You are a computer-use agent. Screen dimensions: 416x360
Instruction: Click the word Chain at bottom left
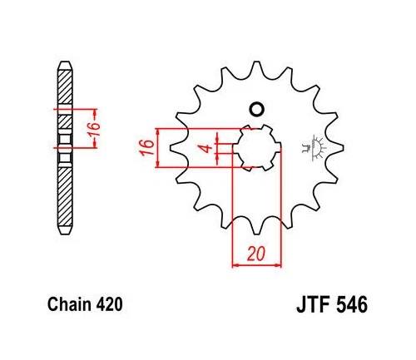pos(70,304)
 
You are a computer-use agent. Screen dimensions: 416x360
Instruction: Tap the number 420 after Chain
pos(110,304)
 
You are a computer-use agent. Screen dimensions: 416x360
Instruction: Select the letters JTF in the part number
pos(313,304)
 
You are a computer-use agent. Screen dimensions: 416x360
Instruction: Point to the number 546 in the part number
pos(352,304)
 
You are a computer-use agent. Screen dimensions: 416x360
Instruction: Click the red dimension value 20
pos(256,254)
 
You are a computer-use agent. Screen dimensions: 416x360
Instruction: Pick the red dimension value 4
pos(206,148)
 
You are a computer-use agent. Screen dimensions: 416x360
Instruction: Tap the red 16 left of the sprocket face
pos(147,148)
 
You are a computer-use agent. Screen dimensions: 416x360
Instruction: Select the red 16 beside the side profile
pos(95,128)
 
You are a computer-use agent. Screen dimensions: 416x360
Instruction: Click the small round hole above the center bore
pos(256,109)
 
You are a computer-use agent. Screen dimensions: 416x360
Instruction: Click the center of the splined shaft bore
pos(257,148)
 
